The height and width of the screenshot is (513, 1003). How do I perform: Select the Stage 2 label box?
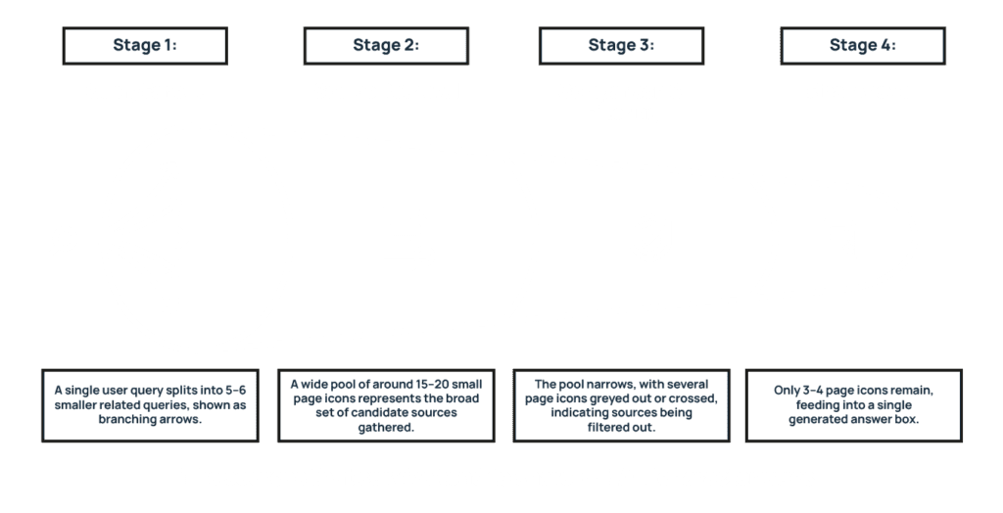click(386, 45)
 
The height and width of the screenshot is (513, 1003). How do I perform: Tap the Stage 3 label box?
click(621, 45)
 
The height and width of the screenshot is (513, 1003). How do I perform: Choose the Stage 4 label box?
click(862, 45)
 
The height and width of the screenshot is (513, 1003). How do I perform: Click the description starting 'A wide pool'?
click(386, 404)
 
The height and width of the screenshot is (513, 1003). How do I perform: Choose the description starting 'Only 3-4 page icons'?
click(853, 404)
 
